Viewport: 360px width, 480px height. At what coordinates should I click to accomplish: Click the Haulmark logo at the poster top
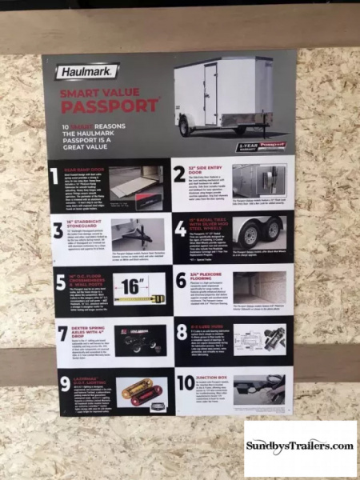87,72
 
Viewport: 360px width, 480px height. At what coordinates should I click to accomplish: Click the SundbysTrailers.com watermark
299,448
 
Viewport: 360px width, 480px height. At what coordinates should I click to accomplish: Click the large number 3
58,231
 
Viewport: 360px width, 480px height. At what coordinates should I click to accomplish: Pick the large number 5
61,282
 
